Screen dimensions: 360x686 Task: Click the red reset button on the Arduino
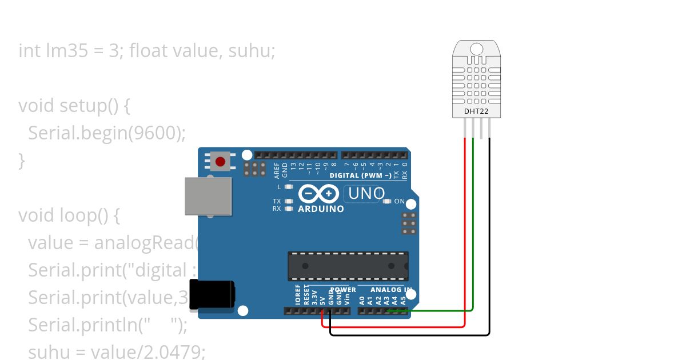221,162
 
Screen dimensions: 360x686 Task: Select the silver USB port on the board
209,196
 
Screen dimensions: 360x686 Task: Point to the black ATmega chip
348,266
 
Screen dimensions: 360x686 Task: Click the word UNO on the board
366,194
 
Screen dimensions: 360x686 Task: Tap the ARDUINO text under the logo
321,209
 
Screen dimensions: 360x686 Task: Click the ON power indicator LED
387,201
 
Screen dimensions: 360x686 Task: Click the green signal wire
473,229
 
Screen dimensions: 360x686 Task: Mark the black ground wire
489,240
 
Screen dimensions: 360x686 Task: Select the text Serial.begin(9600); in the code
107,133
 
